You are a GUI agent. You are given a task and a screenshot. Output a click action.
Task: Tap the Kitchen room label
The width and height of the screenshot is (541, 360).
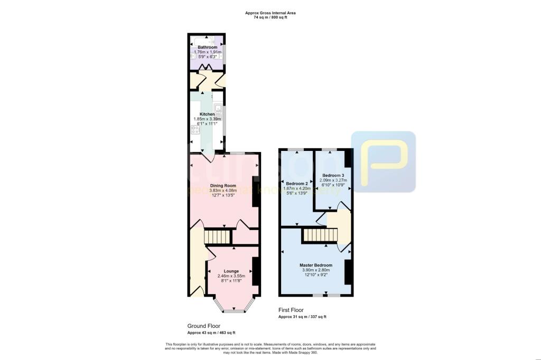coord(207,114)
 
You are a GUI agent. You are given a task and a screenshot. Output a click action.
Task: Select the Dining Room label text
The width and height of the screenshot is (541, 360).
coord(223,186)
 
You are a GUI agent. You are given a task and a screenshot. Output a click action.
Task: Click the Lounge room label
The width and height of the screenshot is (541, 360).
coord(231,271)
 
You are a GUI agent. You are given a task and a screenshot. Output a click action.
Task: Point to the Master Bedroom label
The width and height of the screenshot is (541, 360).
coord(316,265)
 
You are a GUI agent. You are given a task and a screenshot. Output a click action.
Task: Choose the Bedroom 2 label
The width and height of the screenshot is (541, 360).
coord(296,183)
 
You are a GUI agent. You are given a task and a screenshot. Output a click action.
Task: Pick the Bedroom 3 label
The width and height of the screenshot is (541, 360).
coord(333,175)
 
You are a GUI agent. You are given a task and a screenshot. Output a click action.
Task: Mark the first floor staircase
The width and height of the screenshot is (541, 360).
coord(320,234)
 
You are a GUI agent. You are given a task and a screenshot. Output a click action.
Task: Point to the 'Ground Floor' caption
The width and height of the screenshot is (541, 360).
coord(204,326)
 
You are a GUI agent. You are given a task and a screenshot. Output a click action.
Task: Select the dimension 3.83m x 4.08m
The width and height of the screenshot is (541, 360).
coord(223,191)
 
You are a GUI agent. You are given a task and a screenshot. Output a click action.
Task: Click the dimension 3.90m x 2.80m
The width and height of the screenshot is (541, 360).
coord(316,270)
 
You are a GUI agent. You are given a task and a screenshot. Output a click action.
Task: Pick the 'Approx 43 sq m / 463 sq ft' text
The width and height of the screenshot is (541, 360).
coord(211,333)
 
